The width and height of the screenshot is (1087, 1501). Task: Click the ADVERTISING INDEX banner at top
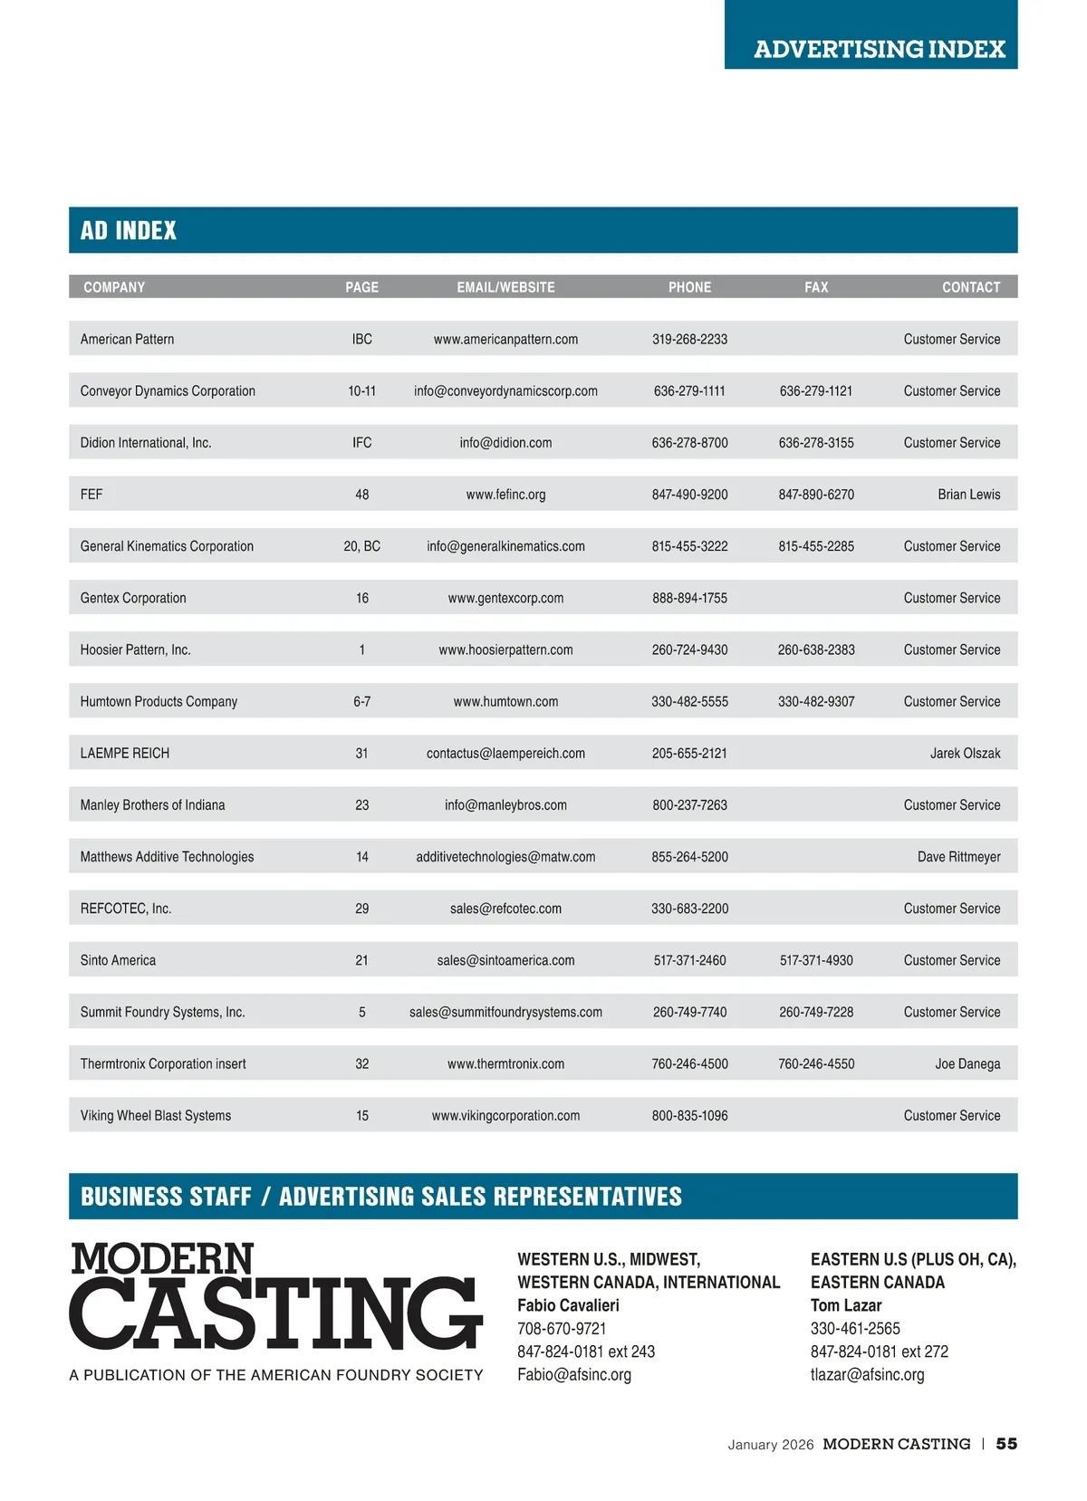879,49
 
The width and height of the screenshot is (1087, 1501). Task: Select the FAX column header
816,287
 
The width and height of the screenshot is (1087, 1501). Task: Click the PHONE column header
689,287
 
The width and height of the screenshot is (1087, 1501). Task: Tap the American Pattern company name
127,339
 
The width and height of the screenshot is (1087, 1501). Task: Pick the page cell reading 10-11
361,390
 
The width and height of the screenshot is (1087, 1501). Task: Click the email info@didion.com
505,442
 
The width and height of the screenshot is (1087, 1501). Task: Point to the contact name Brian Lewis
968,494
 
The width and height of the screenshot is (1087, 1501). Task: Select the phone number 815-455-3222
689,546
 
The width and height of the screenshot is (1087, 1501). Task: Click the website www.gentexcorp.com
505,598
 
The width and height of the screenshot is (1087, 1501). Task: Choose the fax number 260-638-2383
816,649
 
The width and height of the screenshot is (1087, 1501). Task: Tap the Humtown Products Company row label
159,701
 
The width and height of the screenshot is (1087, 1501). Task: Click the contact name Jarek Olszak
965,753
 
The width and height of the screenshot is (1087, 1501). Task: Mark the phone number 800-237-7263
689,804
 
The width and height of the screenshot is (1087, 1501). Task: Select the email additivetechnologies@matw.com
505,856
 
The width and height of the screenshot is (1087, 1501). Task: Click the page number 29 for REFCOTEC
361,908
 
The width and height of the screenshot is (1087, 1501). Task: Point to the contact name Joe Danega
967,1063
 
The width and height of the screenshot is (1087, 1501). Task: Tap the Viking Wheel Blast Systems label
156,1115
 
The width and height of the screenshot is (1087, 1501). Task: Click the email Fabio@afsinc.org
574,1374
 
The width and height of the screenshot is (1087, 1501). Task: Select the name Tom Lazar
846,1305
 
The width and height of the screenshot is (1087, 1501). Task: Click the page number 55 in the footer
1006,1444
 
